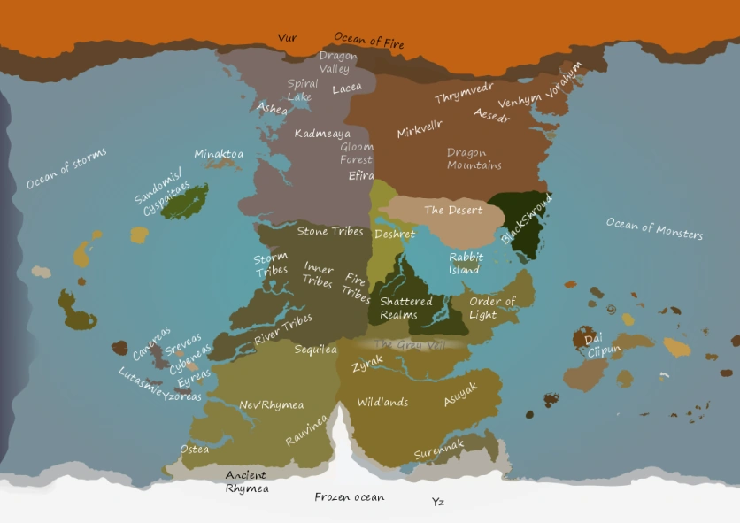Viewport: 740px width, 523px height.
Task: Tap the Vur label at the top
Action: pyautogui.click(x=287, y=38)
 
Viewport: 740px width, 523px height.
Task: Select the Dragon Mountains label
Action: pyautogui.click(x=474, y=159)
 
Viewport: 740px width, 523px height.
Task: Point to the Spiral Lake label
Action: pyautogui.click(x=302, y=90)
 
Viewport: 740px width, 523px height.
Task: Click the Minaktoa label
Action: pyautogui.click(x=219, y=154)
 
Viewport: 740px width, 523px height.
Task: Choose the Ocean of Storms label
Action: pyautogui.click(x=66, y=168)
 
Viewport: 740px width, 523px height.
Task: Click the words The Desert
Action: pyautogui.click(x=453, y=211)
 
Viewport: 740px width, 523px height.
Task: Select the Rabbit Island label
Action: pyautogui.click(x=466, y=264)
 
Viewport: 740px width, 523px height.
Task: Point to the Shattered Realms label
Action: pyautogui.click(x=405, y=308)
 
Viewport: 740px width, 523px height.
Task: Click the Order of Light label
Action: pyautogui.click(x=492, y=308)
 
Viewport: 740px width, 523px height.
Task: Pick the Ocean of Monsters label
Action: pyautogui.click(x=654, y=228)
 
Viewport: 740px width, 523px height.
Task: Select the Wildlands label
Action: pyautogui.click(x=382, y=402)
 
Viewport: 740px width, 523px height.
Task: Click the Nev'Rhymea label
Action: pyautogui.click(x=272, y=405)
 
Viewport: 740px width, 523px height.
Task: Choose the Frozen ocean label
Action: pyautogui.click(x=350, y=497)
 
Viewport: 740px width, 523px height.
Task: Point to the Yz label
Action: pyautogui.click(x=437, y=503)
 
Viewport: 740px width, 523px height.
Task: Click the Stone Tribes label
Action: pyautogui.click(x=330, y=232)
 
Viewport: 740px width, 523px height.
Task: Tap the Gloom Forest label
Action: pyautogui.click(x=357, y=153)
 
